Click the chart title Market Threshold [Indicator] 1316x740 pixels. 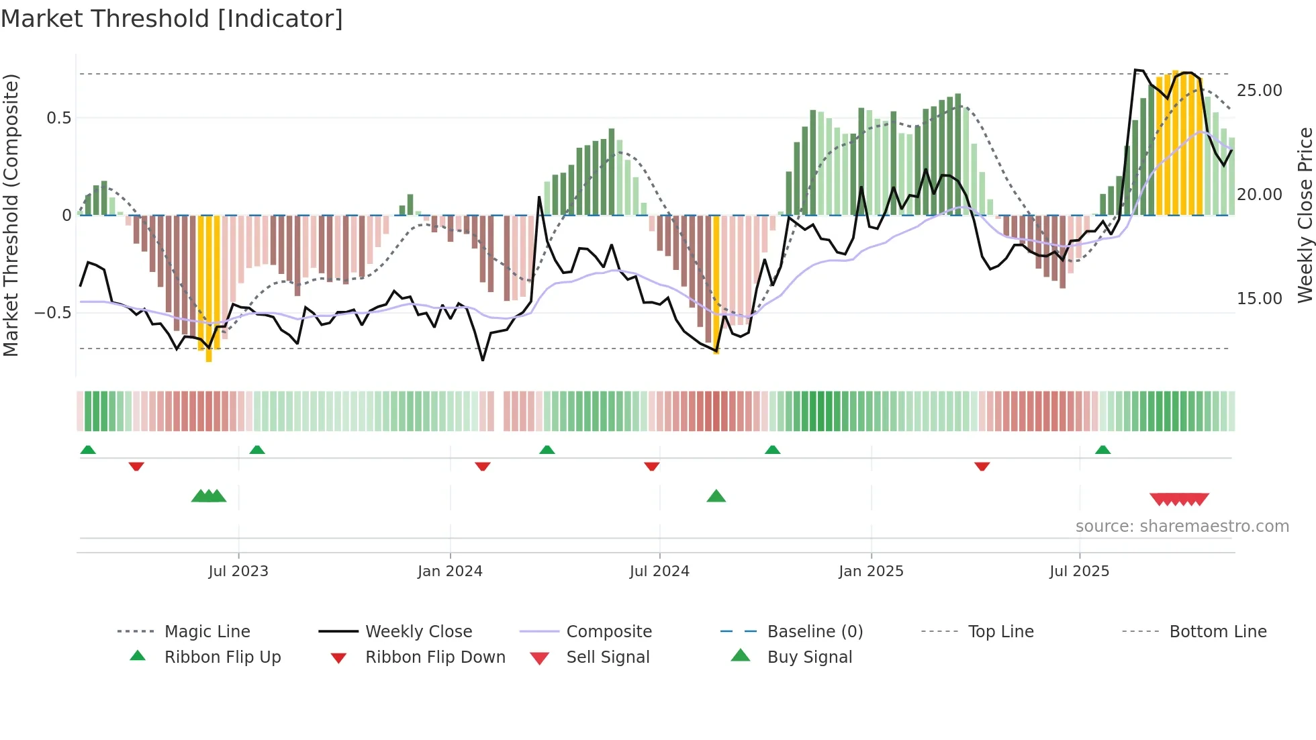point(172,19)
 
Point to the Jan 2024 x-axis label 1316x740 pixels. point(450,571)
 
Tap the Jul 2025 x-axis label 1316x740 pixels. point(1079,571)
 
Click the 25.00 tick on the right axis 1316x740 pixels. point(1259,91)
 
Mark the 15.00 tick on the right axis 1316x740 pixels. point(1259,299)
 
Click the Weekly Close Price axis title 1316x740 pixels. point(1305,215)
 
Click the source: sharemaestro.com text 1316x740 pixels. point(1182,526)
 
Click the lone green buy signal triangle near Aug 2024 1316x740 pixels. point(716,497)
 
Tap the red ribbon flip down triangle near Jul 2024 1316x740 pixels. point(651,466)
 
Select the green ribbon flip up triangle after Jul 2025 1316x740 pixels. point(1102,450)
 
